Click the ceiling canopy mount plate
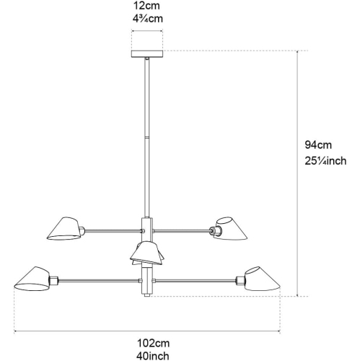[x=146, y=55]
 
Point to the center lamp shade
[x=146, y=252]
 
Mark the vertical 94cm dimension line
[x=297, y=173]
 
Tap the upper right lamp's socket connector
[x=214, y=230]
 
